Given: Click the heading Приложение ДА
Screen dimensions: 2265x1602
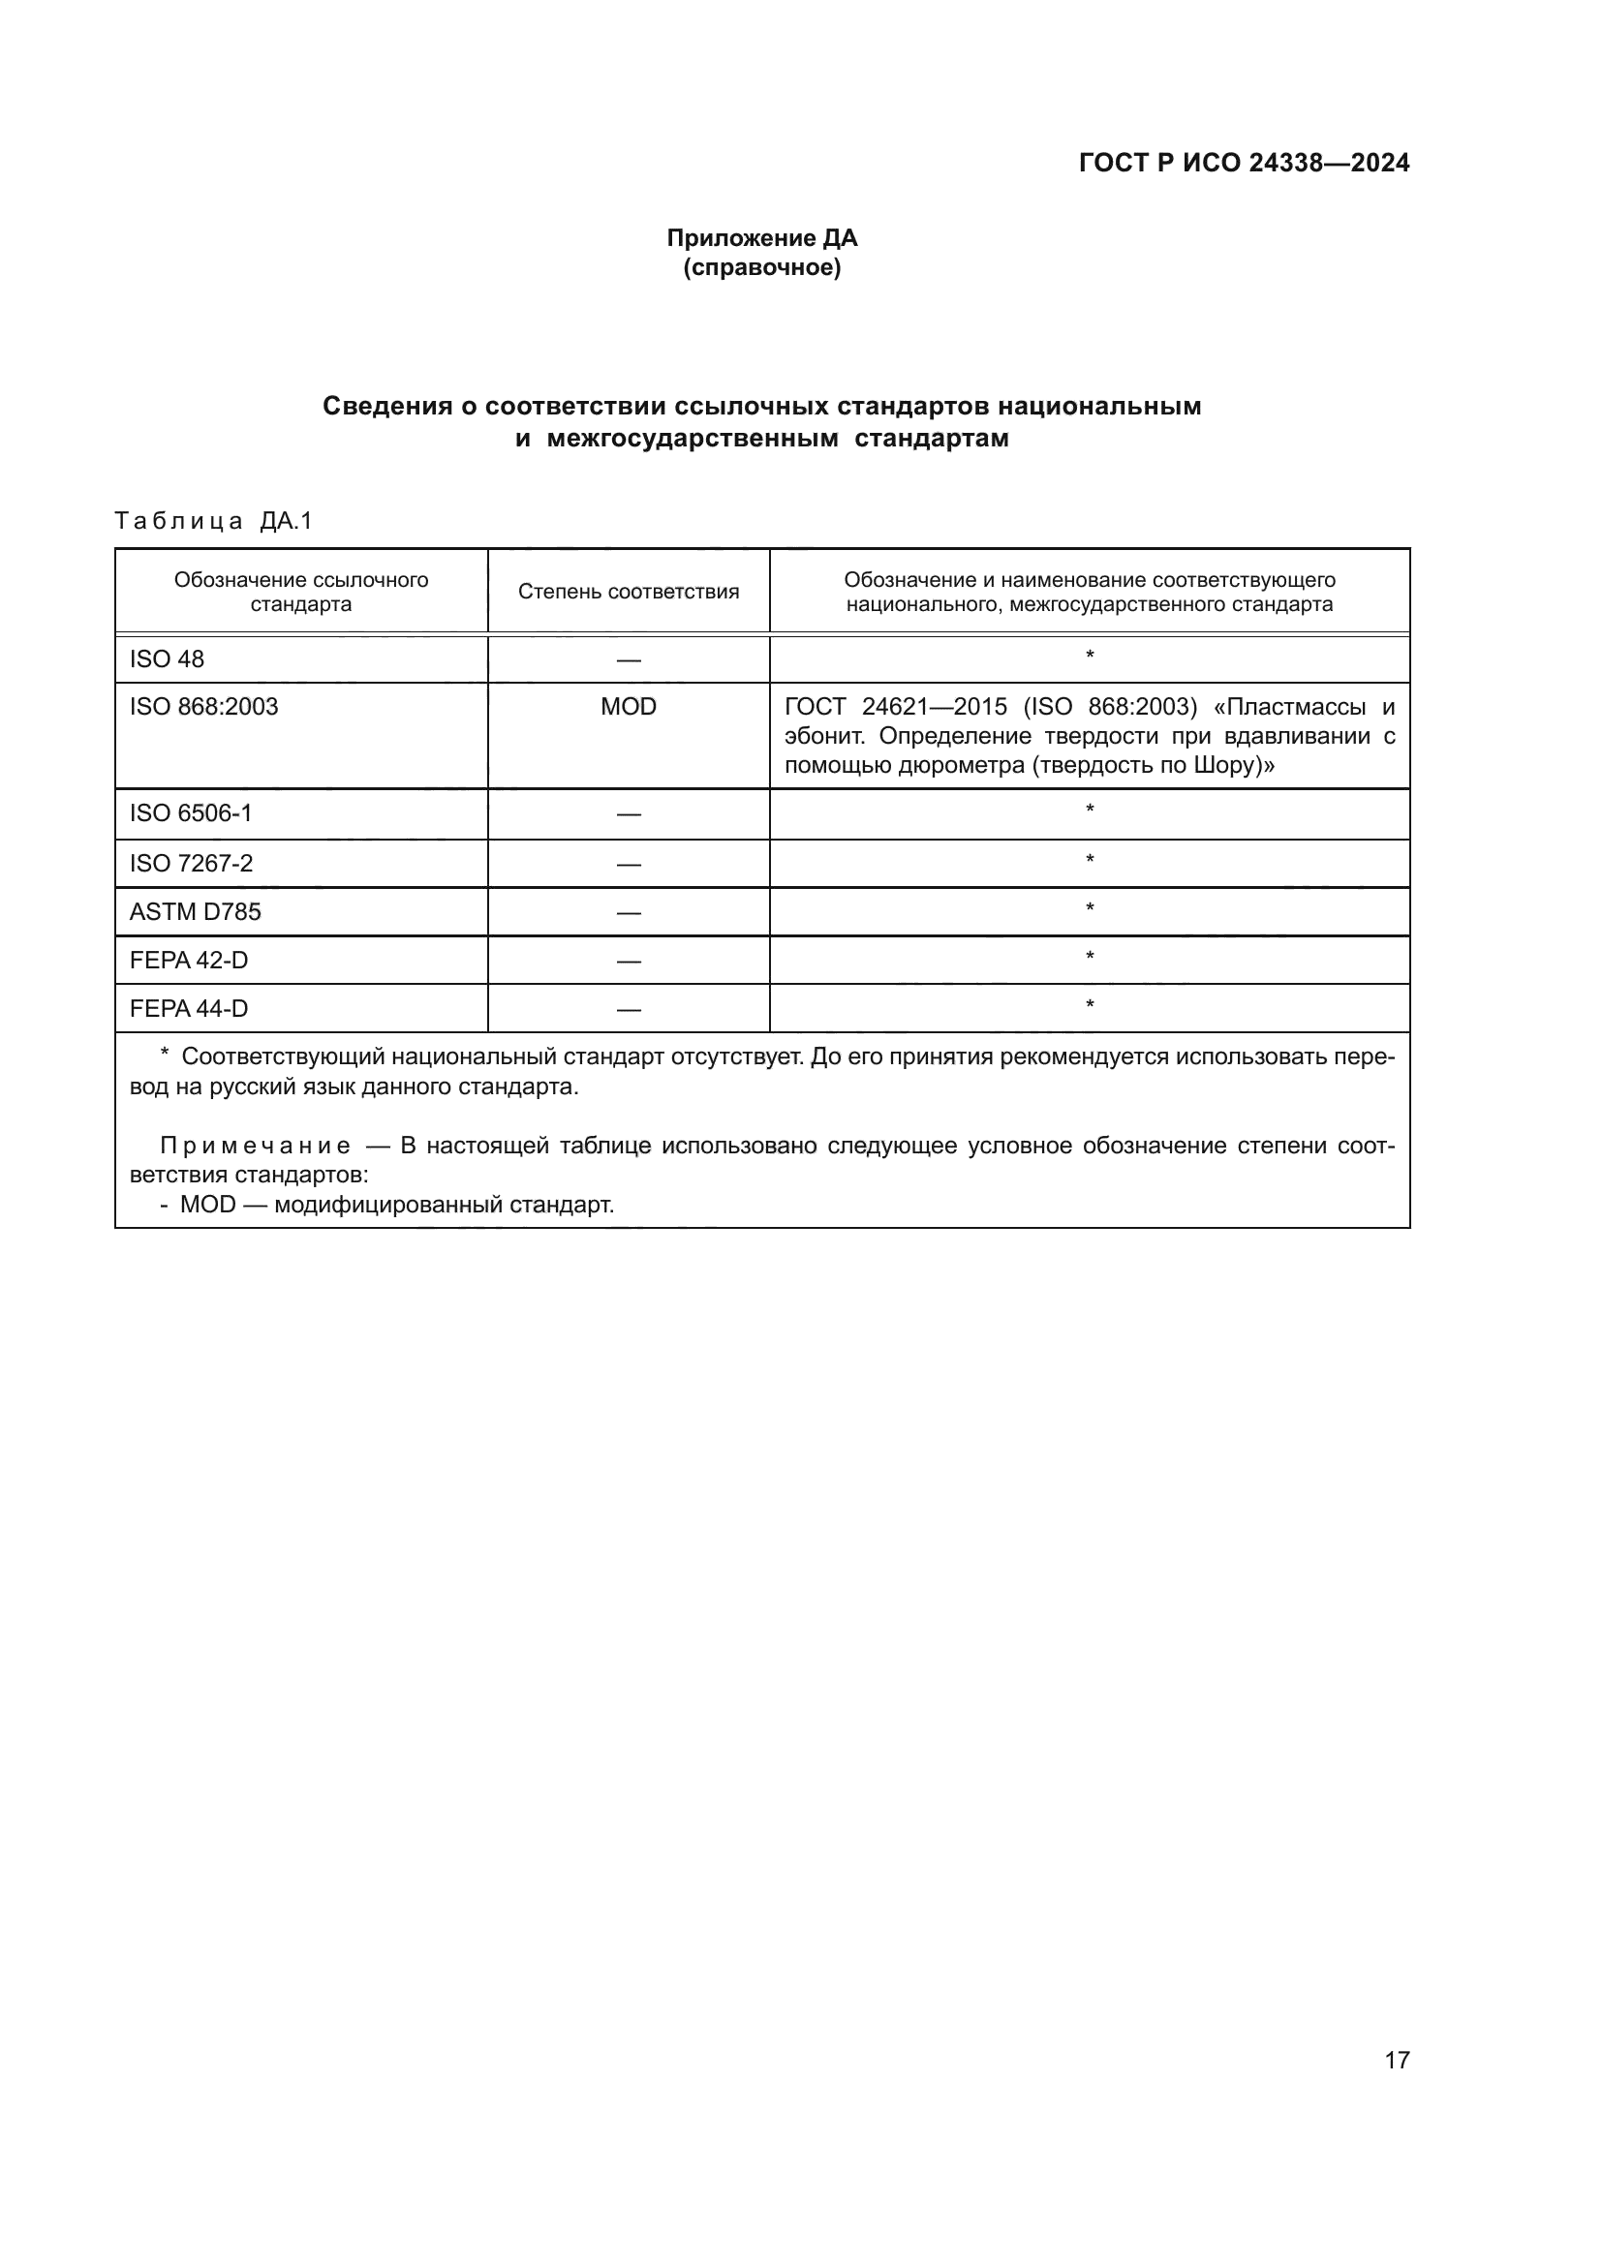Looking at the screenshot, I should pos(761,238).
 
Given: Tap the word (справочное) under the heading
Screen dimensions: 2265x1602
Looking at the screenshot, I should pos(761,267).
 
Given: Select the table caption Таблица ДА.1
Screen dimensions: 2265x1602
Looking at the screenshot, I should pos(213,521).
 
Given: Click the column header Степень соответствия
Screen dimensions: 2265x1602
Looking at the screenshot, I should pos(629,592).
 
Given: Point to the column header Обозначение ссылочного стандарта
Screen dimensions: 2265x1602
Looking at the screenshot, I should pos(301,592).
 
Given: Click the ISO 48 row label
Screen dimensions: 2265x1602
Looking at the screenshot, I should pos(167,659).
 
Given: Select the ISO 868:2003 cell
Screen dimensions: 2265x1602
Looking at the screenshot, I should pos(204,706).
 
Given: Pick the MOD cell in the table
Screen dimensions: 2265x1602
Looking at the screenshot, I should pos(629,706).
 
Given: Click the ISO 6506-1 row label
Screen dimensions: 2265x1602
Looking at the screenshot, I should pos(191,812).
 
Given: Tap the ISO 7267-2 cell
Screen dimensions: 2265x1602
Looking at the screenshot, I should pos(191,863).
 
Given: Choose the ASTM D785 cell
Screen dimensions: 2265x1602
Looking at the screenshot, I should pos(196,911).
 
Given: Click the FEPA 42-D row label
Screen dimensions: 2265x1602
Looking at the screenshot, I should pos(189,960).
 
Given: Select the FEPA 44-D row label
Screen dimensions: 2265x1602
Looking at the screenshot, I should pos(189,1008).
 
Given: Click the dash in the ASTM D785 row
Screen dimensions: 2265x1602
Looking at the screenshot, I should pos(629,912).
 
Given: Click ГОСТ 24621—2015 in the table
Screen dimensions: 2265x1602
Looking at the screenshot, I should pos(896,706).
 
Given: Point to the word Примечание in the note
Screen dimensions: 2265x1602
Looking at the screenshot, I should pos(256,1146).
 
